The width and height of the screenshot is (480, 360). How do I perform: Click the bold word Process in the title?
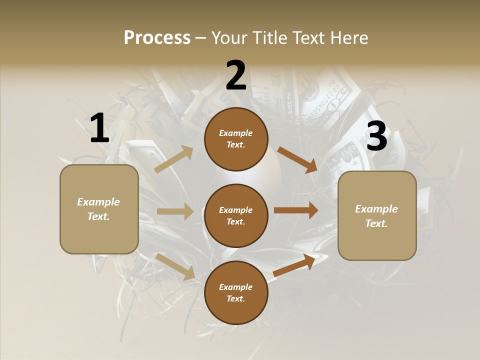(157, 37)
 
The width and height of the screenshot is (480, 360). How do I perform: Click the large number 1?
(99, 128)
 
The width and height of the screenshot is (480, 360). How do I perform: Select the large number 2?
(236, 75)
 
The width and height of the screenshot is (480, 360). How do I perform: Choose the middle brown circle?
(236, 215)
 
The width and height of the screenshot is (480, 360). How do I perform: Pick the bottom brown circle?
(236, 292)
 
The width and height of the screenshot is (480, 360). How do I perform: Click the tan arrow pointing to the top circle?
(174, 159)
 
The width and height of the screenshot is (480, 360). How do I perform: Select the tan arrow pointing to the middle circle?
(175, 211)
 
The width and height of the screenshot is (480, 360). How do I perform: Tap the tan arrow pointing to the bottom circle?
(175, 266)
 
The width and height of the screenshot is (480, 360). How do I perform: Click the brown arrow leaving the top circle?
(297, 160)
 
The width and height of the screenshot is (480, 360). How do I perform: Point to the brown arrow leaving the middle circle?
(295, 210)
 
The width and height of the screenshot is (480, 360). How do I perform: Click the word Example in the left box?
(98, 202)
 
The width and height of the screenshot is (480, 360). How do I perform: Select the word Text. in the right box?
(376, 223)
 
